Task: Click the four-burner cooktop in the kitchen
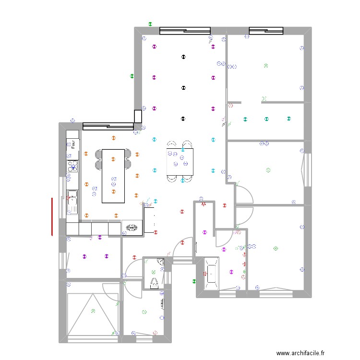click(x=73, y=167)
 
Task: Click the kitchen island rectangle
click(x=113, y=176)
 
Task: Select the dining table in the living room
click(x=180, y=161)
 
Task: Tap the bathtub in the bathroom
click(x=212, y=274)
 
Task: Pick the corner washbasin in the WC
click(x=159, y=263)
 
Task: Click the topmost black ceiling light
click(x=182, y=57)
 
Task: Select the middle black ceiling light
click(x=182, y=88)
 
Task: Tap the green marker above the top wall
click(x=150, y=23)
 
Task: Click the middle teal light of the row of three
click(x=266, y=119)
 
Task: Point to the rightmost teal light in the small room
click(x=288, y=119)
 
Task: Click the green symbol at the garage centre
click(x=93, y=311)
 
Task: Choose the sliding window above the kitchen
click(x=108, y=126)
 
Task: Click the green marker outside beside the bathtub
click(x=194, y=282)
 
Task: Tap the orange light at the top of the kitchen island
click(x=113, y=138)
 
